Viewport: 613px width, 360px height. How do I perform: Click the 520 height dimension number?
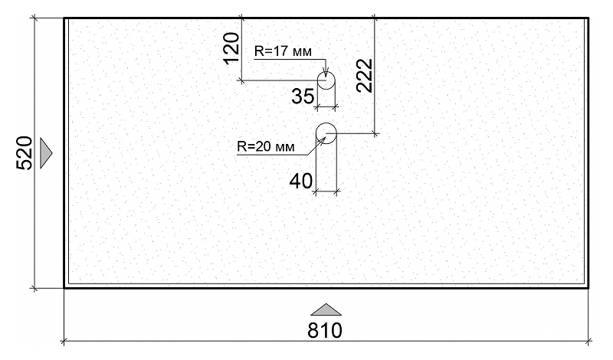[24, 153]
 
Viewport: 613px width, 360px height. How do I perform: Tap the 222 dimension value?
[365, 75]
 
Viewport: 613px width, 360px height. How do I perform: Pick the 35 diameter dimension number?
[303, 97]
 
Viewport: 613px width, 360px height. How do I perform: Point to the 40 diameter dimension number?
[301, 181]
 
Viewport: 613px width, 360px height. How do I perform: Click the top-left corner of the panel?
[64, 18]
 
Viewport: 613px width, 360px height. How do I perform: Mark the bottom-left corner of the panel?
[64, 288]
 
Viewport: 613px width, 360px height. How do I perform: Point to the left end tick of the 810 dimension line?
[64, 340]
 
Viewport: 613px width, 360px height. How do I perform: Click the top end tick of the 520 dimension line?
[35, 18]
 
